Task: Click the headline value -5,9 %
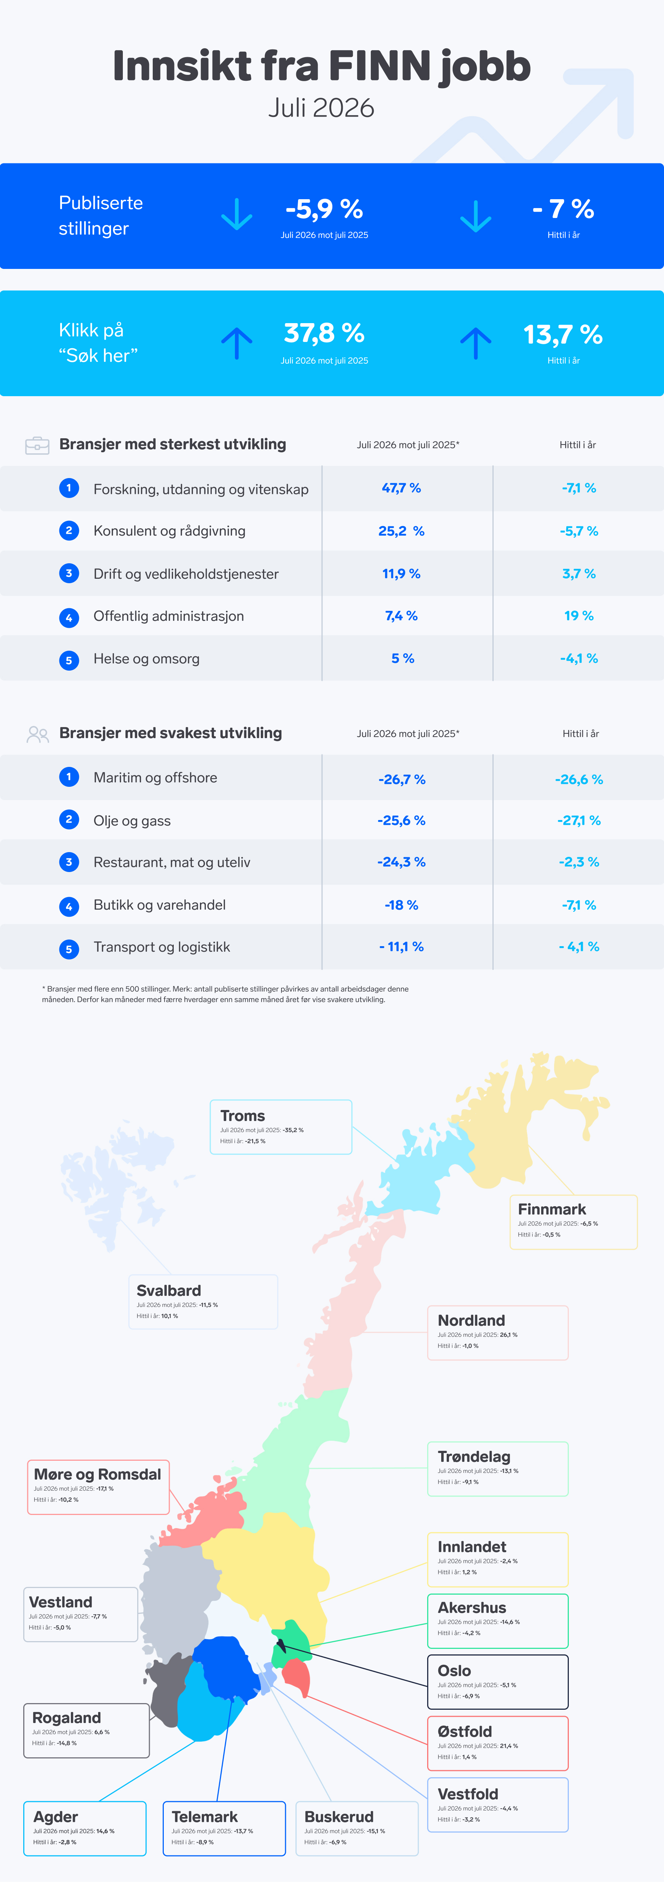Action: pos(324,210)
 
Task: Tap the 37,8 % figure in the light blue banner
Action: pos(324,334)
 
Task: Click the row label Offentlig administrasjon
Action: pos(169,616)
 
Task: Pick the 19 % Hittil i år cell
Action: pos(578,616)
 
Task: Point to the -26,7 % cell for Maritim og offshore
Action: pos(402,779)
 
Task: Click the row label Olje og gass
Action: pos(132,820)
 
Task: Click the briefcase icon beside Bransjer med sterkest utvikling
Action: pos(37,445)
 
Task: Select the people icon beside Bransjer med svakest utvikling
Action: pos(37,734)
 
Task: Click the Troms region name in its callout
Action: pos(242,1115)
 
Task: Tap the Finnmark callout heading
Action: pos(551,1209)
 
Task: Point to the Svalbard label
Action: pos(169,1290)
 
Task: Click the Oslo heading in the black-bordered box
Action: pos(454,1671)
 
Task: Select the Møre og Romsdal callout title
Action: pos(97,1474)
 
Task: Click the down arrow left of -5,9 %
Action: pos(237,214)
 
